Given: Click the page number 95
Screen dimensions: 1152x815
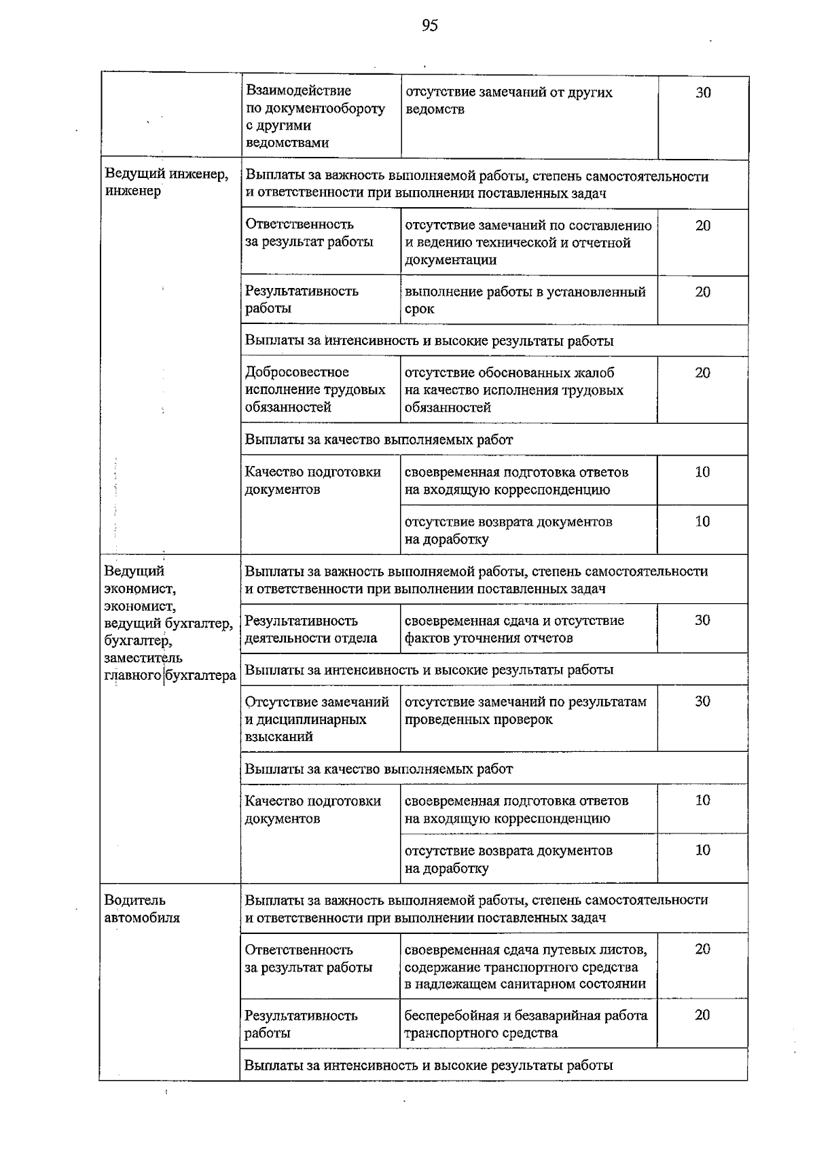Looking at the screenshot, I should click(x=429, y=26).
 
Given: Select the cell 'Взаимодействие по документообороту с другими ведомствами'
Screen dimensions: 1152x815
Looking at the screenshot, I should click(x=315, y=117).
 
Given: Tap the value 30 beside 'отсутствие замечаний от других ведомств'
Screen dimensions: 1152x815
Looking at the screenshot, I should click(x=703, y=93).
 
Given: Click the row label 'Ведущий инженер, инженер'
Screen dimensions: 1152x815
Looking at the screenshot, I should click(x=166, y=183).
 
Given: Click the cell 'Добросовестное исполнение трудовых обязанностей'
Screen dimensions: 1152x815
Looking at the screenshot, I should click(x=315, y=390).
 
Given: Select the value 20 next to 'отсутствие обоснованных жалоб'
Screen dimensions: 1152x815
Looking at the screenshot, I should click(x=702, y=373).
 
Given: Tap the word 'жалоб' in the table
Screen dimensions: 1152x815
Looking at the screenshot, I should click(x=593, y=373).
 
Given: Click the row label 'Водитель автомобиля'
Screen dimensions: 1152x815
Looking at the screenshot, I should click(x=142, y=909).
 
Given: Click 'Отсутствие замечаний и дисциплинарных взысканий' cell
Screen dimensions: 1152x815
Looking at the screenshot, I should click(x=316, y=719).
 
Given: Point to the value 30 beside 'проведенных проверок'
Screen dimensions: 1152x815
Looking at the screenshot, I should click(x=702, y=702).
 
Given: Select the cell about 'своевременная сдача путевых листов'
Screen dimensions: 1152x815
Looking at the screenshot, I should click(x=526, y=966).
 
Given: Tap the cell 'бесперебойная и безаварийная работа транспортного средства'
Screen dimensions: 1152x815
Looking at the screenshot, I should click(x=526, y=1024).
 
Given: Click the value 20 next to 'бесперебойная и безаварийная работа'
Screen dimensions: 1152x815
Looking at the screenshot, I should click(x=702, y=1015).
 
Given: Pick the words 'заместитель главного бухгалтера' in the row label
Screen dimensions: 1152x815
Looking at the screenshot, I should click(x=170, y=667).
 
